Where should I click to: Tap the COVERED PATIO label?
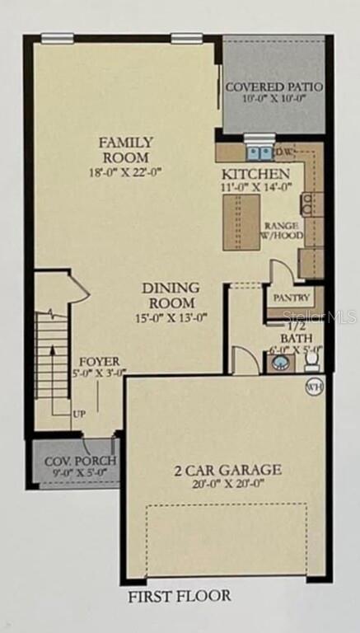point(274,87)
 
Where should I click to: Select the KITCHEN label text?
point(256,175)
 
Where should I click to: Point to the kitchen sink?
point(260,153)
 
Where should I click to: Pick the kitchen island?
point(241,222)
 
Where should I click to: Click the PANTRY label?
point(292,298)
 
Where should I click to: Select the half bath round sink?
point(280,362)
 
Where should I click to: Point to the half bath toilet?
point(312,361)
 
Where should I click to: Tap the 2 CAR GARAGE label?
point(227,470)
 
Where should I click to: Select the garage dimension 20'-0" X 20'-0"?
point(228,484)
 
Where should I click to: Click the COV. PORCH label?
point(80,460)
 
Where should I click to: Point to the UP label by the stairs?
point(79,415)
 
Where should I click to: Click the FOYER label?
point(100,361)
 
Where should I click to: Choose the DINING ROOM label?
point(171,295)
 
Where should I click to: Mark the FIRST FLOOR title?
point(180,596)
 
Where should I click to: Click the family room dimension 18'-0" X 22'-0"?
point(125,172)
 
